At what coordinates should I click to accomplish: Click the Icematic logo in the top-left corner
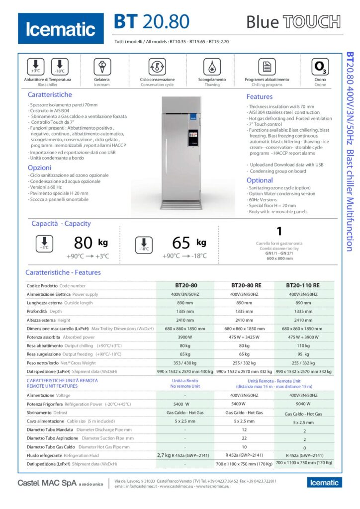[61, 29]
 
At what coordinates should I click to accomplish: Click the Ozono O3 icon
[320, 67]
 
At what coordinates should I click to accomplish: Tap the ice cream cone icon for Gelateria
[102, 66]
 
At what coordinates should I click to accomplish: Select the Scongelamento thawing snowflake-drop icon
[212, 67]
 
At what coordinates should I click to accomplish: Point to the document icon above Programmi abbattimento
[267, 67]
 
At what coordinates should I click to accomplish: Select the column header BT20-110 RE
[303, 286]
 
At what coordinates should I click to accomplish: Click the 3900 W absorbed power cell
[185, 337]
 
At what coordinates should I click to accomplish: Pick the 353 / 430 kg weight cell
[185, 362]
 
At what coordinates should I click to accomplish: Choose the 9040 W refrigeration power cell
[303, 404]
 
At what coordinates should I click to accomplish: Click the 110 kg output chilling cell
[303, 345]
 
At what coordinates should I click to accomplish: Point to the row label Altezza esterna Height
[49, 320]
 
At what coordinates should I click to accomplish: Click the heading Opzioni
[40, 168]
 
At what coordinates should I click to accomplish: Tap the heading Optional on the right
[260, 180]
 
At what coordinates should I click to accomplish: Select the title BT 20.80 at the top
[152, 22]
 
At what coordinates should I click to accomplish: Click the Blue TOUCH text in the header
[293, 22]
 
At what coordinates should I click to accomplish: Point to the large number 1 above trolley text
[279, 231]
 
